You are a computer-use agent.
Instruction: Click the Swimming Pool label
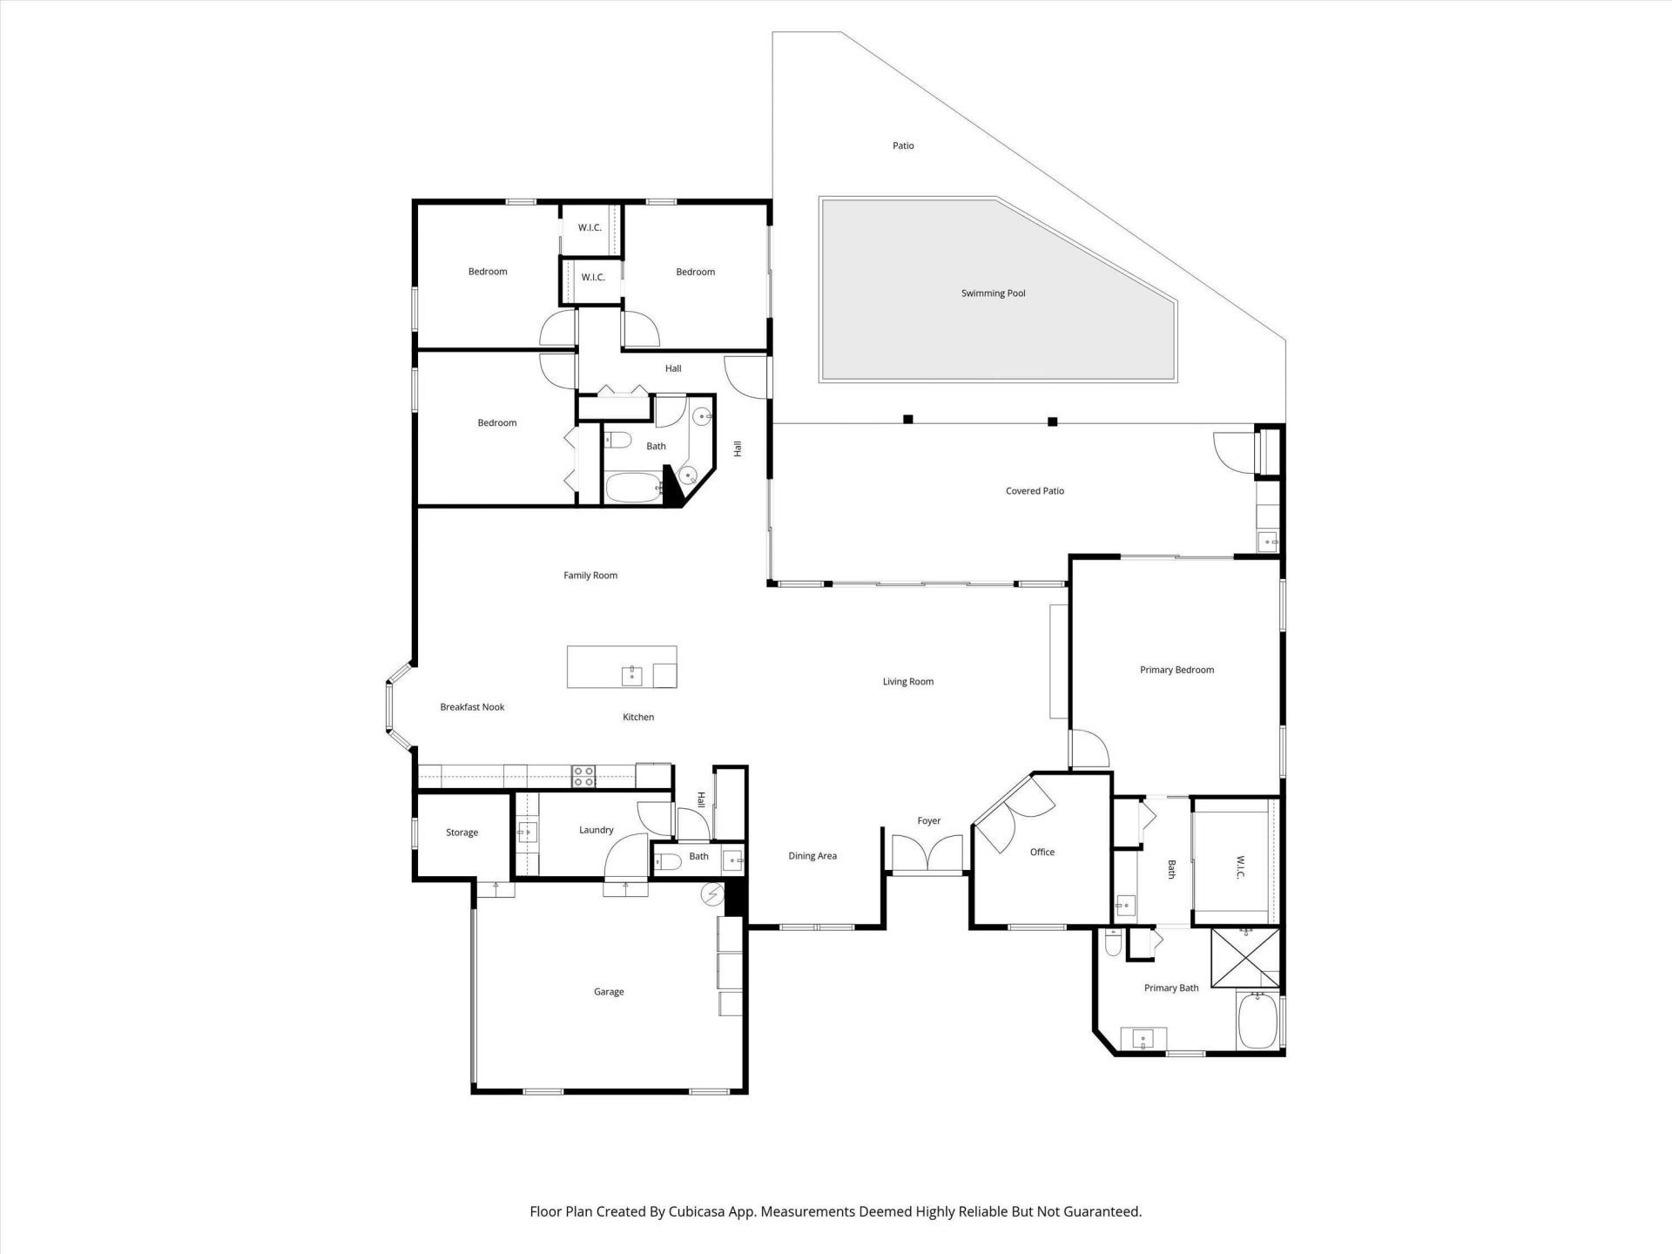click(x=993, y=293)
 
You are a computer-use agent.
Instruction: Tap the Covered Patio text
click(x=1035, y=491)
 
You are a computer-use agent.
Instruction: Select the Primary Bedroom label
click(x=1176, y=670)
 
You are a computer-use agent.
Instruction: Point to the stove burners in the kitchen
click(x=583, y=776)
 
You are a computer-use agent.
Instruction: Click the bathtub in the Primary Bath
click(x=1257, y=1022)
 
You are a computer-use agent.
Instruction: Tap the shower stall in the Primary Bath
click(x=1245, y=959)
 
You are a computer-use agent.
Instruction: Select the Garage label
click(x=609, y=992)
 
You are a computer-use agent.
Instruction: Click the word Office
click(x=1042, y=852)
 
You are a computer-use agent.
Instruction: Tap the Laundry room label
click(x=597, y=830)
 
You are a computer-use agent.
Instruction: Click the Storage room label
click(x=462, y=833)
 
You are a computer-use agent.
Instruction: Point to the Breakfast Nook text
click(x=472, y=707)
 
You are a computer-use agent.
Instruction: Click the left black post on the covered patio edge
click(x=907, y=419)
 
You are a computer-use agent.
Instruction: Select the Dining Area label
click(x=812, y=856)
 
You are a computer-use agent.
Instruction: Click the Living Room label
click(x=907, y=682)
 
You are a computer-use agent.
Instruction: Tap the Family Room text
click(x=590, y=576)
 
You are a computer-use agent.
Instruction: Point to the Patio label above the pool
click(x=903, y=145)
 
